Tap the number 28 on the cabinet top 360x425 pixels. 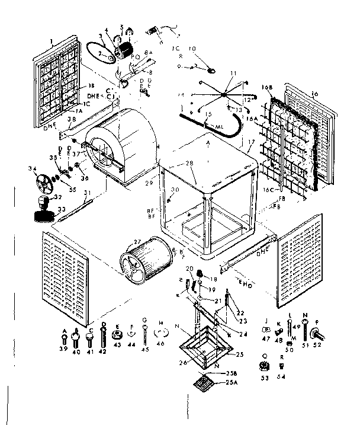(189, 163)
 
